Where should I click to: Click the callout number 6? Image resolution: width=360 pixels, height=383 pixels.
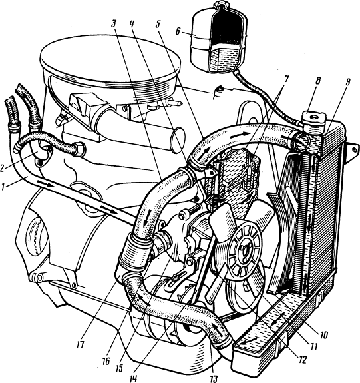point(178,32)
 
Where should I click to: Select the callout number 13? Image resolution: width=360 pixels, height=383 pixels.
point(214,378)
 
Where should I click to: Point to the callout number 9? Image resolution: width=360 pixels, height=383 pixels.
point(347,82)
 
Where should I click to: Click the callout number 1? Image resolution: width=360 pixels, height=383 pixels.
point(3,187)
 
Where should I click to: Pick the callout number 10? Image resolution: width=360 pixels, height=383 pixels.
point(324,334)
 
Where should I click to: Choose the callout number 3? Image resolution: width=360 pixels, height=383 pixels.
point(114,23)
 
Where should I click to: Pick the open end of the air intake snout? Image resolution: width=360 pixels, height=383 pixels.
point(178,140)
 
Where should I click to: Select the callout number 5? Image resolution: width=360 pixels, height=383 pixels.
point(158,24)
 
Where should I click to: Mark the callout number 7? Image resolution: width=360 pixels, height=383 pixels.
point(285,80)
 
